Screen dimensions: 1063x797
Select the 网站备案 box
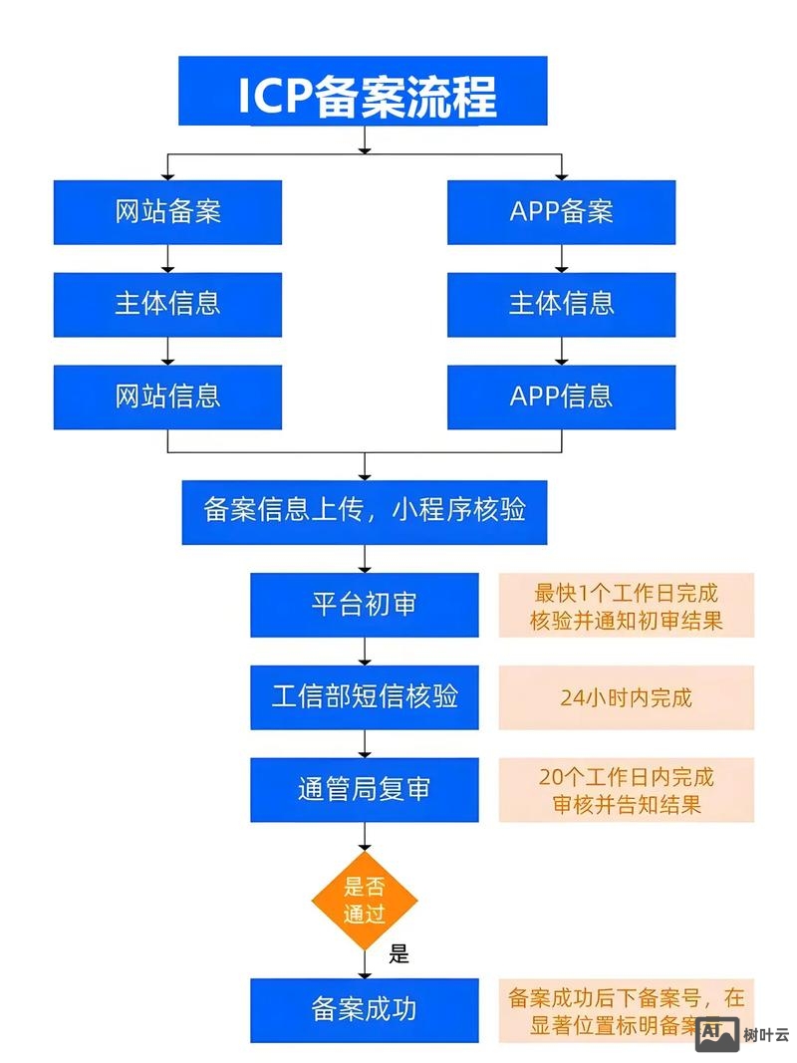(167, 212)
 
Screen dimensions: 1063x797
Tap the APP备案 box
(561, 212)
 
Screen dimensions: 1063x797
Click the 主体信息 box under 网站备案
(167, 304)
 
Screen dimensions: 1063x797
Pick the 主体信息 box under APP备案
(561, 304)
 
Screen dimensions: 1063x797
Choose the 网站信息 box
(167, 397)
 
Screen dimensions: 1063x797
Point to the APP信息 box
(561, 397)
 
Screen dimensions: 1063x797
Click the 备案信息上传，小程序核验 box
(364, 512)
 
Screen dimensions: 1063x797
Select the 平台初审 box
(364, 605)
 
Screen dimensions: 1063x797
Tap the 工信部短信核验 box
(364, 697)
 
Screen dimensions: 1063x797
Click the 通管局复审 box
(364, 790)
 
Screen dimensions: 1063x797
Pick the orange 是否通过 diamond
(364, 901)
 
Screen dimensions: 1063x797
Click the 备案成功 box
(364, 1010)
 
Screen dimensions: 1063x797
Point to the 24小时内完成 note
(626, 697)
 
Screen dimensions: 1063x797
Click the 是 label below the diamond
(398, 954)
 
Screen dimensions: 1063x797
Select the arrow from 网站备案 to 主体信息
(167, 258)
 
